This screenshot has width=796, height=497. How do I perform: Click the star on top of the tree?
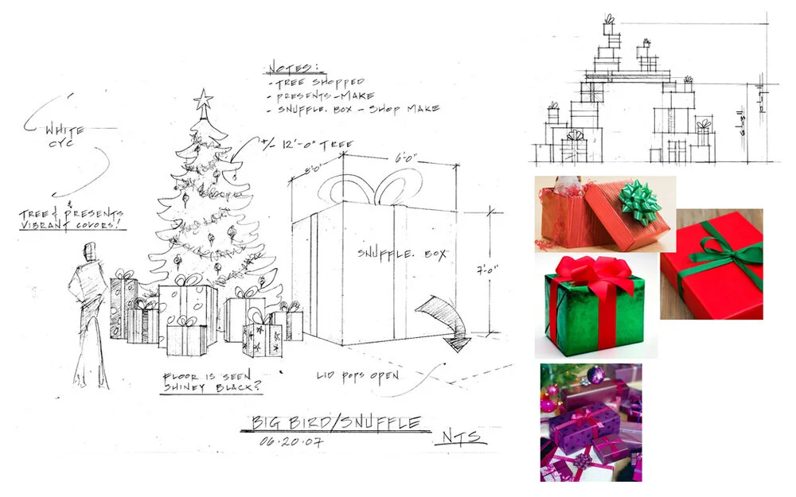click(x=203, y=101)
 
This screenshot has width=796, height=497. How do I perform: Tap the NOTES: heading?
click(x=292, y=66)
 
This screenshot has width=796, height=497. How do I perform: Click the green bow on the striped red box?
click(x=641, y=198)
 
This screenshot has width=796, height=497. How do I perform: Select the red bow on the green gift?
click(x=587, y=274)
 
